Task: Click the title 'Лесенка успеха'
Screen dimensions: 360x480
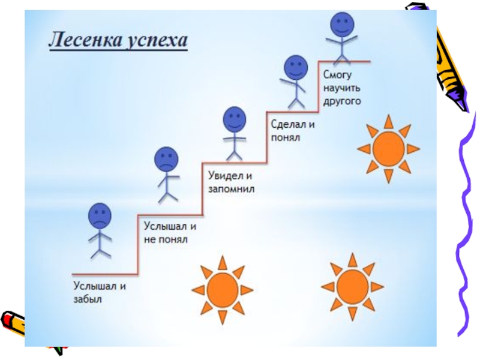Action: pos(118,42)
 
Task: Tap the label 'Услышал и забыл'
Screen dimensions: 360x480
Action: pos(100,292)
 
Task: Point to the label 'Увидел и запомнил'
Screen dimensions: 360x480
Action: pos(232,182)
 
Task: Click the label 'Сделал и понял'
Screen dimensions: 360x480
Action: pos(293,131)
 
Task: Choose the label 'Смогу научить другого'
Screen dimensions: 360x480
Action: pos(343,88)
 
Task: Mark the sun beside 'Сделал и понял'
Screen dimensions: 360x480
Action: pos(388,148)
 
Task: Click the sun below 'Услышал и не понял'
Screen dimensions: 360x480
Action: pos(223,287)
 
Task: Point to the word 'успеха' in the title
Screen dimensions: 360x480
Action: pos(158,42)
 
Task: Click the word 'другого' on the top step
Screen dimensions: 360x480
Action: pos(343,101)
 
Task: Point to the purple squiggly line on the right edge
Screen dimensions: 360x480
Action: pos(465,228)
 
